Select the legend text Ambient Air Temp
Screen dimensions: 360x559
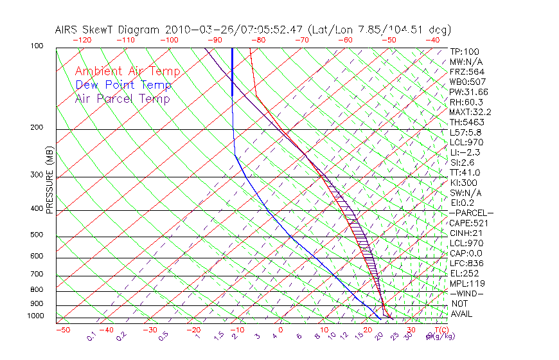point(128,71)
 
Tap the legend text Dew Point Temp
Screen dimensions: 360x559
point(123,85)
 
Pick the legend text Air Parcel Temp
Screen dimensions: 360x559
point(123,98)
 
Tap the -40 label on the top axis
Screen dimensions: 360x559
point(432,40)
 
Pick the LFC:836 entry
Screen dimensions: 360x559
point(465,263)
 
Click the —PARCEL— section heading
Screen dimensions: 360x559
point(471,213)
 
